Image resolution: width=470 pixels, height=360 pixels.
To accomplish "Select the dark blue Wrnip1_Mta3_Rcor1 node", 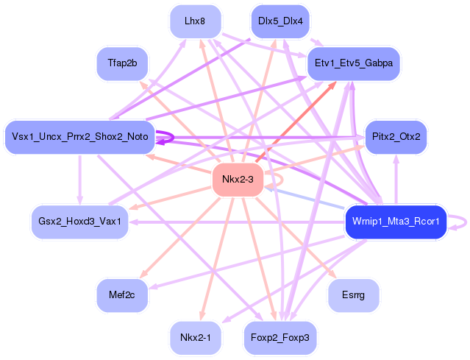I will point(395,221).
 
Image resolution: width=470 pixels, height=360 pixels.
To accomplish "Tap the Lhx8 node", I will point(195,21).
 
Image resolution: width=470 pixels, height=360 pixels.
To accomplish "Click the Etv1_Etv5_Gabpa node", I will point(353,63).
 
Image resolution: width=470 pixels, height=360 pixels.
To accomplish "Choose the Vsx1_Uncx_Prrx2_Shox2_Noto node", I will point(79,137).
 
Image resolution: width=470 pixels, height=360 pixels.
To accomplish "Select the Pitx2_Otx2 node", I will point(396,137).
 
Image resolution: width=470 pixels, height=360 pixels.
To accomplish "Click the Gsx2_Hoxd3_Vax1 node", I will point(79,221).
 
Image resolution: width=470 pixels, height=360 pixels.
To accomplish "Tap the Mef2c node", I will point(122,294).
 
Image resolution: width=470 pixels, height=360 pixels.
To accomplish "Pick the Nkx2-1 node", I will point(195,338).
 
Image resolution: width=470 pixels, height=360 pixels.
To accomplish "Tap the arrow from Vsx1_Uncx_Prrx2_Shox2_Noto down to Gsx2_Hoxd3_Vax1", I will point(79,179).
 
